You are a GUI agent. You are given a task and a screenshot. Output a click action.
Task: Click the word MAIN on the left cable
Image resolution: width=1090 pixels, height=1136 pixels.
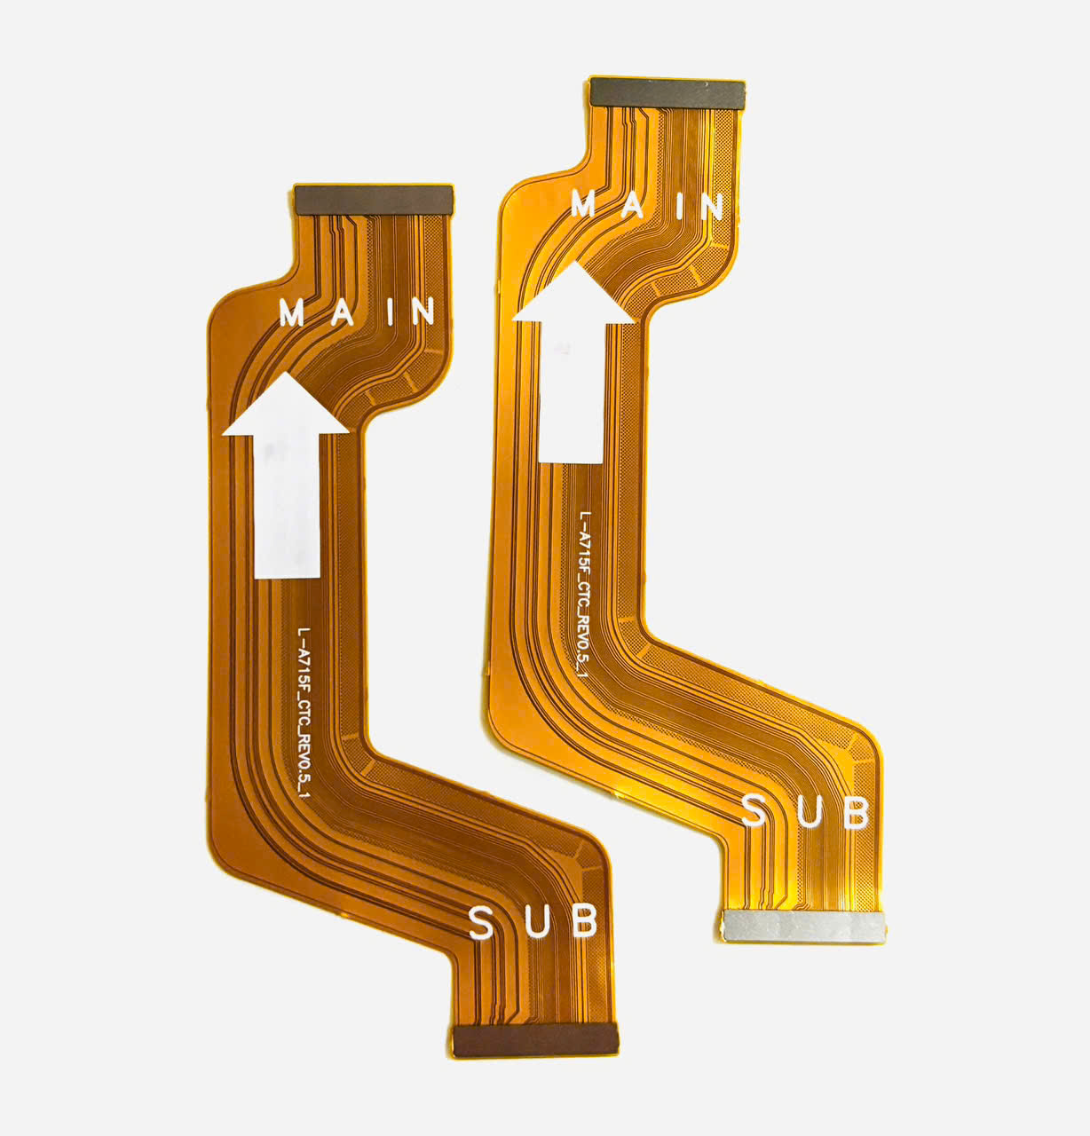(357, 312)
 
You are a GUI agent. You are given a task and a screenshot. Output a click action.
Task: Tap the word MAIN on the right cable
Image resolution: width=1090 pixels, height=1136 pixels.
(647, 205)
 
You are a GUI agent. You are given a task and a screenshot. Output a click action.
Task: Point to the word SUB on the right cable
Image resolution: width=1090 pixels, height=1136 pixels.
(805, 811)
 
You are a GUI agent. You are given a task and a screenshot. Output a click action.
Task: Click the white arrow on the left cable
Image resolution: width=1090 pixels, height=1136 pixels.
(286, 476)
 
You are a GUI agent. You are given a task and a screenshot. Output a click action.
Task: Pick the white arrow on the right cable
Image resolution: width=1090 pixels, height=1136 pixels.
(573, 362)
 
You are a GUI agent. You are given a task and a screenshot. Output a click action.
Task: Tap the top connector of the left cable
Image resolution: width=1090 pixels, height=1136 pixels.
(375, 201)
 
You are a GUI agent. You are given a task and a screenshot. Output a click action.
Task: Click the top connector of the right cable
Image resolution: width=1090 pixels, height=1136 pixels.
(667, 93)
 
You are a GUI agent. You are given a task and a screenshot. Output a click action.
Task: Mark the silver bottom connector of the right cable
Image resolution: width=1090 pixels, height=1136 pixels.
(803, 927)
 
